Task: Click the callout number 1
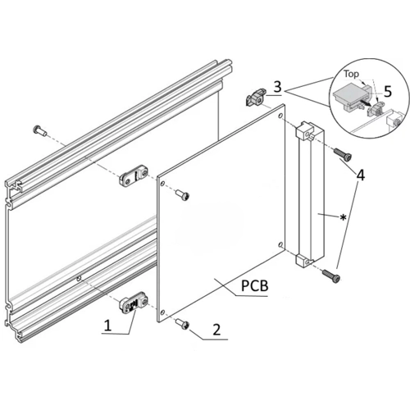[x=108, y=326]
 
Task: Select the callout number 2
[x=216, y=330]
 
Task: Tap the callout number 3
[x=277, y=87]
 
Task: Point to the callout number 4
[x=361, y=175]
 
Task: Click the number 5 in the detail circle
[x=388, y=92]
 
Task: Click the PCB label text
[x=254, y=286]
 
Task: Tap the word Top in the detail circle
[x=352, y=74]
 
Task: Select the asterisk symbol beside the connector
[x=343, y=217]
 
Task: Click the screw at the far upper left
[x=39, y=130]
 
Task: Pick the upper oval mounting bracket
[x=134, y=175]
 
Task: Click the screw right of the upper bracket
[x=182, y=195]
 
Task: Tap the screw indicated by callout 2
[x=183, y=324]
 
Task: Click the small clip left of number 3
[x=256, y=98]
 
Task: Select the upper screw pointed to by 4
[x=342, y=154]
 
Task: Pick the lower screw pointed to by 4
[x=332, y=276]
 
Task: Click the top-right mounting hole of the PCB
[x=280, y=116]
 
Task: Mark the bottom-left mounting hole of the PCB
[x=162, y=312]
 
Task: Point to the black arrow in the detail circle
[x=366, y=103]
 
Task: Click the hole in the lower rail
[x=79, y=279]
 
